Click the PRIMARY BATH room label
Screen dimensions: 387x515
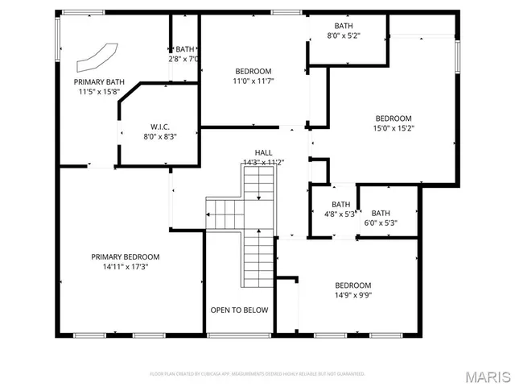99,81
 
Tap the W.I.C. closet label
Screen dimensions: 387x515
159,126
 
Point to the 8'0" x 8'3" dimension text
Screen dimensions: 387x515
159,136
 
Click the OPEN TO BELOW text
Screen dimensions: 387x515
239,310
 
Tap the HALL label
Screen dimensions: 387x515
263,152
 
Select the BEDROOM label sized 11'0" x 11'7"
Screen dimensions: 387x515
253,71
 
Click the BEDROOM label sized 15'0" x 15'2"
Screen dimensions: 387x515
393,118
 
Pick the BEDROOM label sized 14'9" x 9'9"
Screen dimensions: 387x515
353,285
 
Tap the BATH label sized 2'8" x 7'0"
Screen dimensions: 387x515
185,49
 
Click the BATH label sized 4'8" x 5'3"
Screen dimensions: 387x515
340,204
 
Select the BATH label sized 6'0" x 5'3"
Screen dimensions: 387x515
380,213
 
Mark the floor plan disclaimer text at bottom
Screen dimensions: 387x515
257,374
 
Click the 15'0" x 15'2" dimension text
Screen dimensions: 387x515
393,127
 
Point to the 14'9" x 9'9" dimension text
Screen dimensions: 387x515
353,295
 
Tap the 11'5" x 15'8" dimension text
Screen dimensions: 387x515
99,92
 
